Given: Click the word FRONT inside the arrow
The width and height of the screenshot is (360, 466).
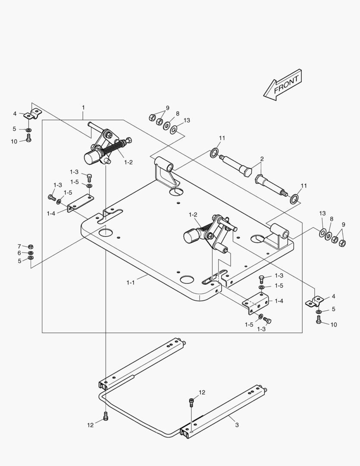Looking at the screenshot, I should (286, 83).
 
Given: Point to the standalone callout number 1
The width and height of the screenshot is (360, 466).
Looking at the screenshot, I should (83, 107).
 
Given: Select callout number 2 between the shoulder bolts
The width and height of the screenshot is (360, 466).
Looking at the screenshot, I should (262, 160).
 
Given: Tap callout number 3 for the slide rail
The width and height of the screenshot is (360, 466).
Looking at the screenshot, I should (237, 425).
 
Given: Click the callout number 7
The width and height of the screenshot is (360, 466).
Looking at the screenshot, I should (19, 246).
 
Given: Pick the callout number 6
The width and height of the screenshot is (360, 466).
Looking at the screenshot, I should (19, 253).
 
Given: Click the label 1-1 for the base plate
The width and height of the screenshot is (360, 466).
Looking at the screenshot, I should (130, 283).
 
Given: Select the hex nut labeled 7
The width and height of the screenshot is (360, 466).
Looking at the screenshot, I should (31, 246).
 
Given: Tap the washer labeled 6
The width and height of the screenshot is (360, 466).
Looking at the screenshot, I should (31, 253).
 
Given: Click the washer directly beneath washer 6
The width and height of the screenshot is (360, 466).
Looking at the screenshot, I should (31, 258).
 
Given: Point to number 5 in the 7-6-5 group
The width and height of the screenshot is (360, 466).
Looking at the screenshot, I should (19, 261).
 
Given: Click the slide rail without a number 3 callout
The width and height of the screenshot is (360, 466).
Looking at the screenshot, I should (142, 362).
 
